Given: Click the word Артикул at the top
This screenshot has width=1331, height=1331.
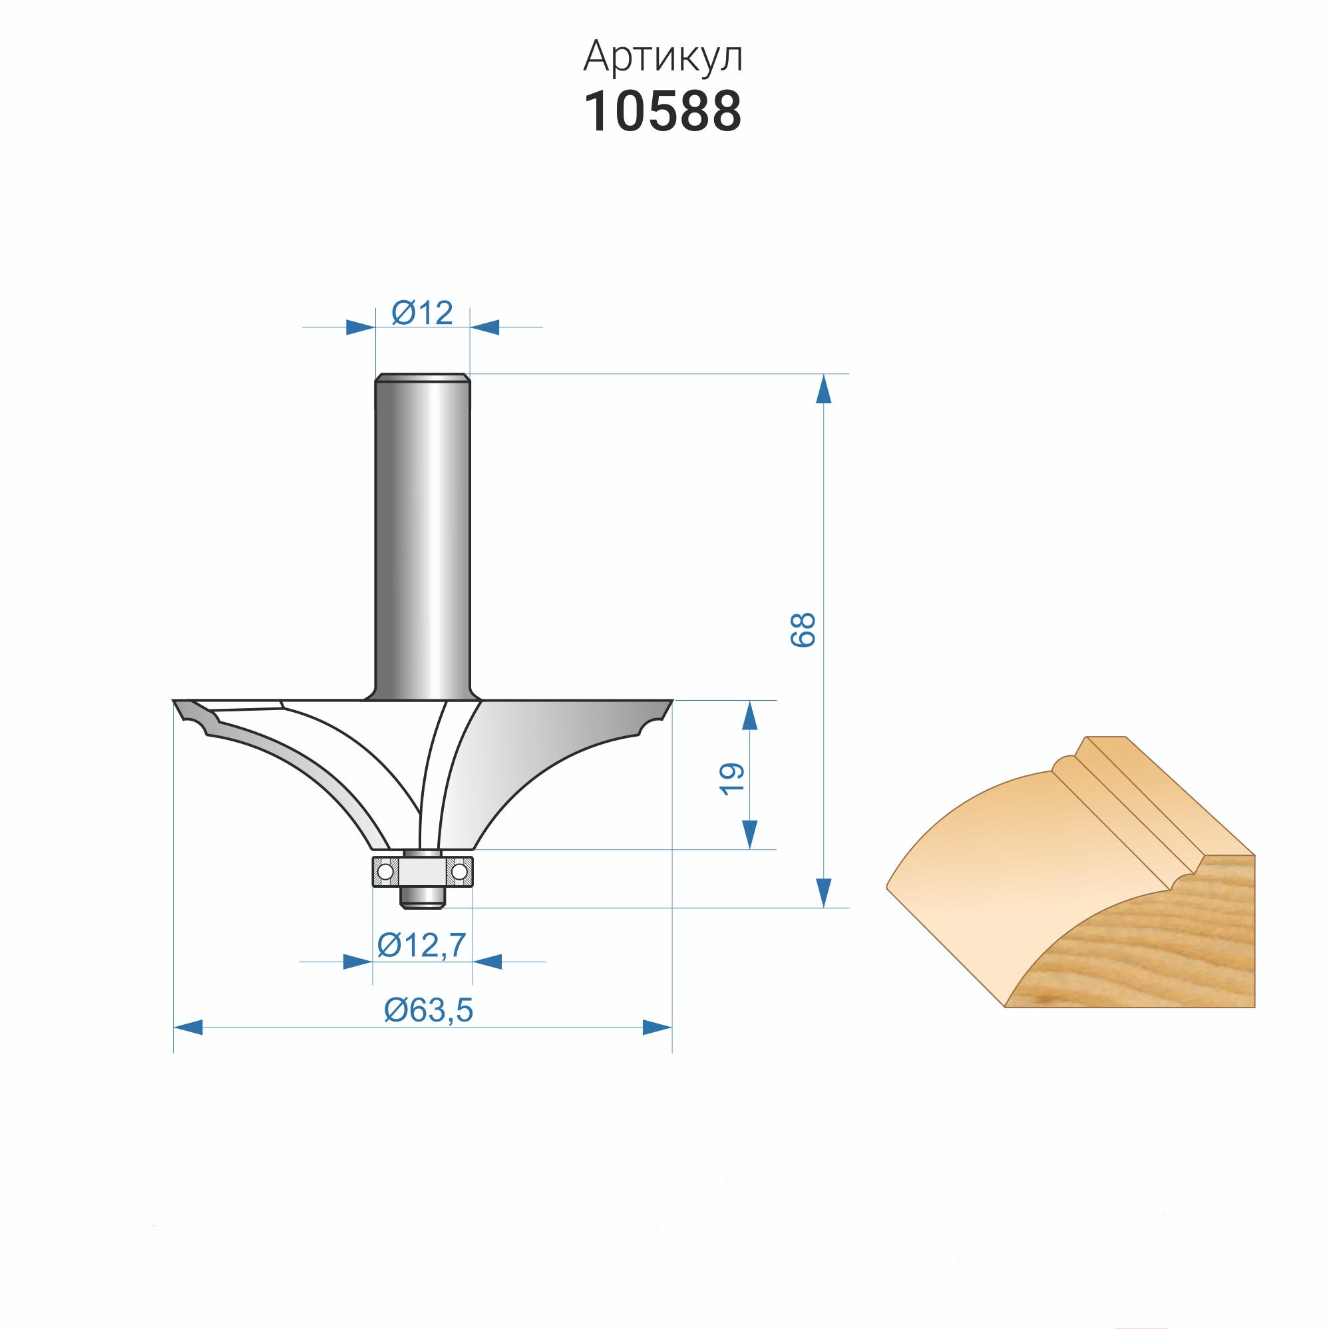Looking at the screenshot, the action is (x=663, y=57).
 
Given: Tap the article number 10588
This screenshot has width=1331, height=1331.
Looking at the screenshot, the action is (x=663, y=112).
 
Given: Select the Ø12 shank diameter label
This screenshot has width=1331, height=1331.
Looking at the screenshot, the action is (x=423, y=313).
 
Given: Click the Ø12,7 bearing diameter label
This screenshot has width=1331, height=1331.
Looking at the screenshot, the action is (x=422, y=945).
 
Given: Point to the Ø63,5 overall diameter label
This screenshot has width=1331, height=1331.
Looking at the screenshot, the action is (x=429, y=1010).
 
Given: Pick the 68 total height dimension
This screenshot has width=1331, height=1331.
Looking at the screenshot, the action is (x=803, y=630).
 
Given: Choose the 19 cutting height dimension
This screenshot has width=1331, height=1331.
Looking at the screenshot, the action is (x=731, y=780).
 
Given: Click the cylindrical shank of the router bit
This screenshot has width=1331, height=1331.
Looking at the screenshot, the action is (x=423, y=537).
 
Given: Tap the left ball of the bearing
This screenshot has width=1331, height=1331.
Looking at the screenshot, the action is (x=386, y=872).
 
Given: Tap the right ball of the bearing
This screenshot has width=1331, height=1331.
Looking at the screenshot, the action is (x=459, y=872).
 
